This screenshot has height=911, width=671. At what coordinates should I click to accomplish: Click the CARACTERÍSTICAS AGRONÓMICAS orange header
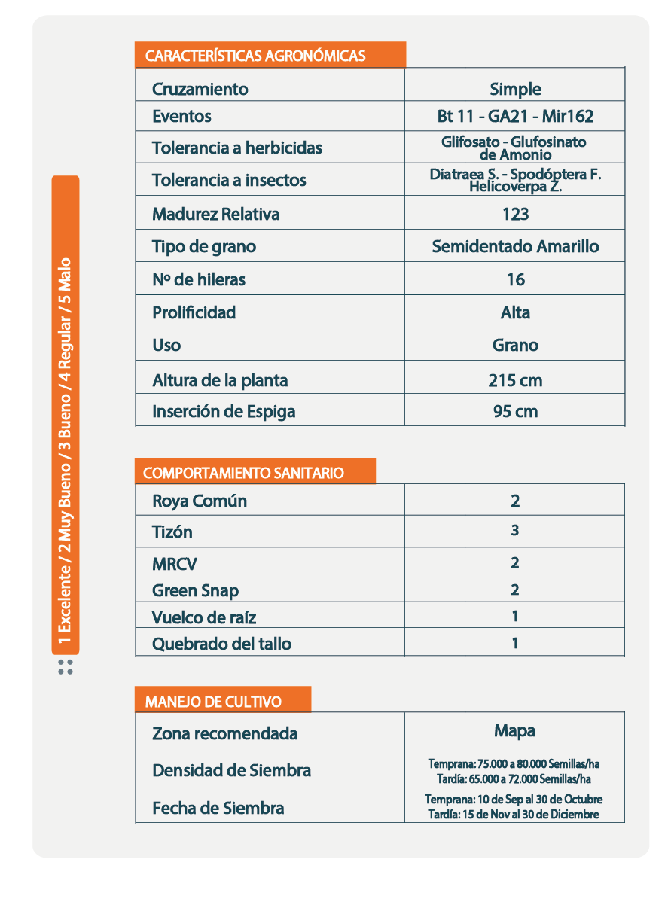tap(256, 56)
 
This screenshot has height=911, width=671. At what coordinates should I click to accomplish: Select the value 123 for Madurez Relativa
tap(515, 214)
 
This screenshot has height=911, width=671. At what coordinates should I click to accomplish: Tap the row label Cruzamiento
tap(200, 89)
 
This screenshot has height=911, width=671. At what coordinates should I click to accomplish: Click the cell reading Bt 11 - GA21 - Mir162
tap(515, 117)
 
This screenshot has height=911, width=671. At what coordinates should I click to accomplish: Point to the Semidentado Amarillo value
tap(515, 246)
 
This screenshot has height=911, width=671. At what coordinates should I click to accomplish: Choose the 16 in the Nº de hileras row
tap(515, 279)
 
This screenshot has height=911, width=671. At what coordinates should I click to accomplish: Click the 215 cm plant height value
tap(515, 380)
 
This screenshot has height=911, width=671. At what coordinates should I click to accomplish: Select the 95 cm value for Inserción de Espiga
tap(515, 411)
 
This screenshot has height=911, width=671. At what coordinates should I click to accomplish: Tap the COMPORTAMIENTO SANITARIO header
tap(243, 473)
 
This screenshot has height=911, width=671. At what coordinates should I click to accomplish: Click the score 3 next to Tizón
tap(515, 530)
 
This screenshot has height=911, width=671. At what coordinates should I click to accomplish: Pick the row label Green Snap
tap(195, 590)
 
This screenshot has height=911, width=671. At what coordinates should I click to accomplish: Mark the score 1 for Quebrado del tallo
tap(515, 643)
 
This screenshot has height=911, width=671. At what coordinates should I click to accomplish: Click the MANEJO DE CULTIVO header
tap(213, 702)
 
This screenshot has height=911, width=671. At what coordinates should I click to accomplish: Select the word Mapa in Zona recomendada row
tap(515, 730)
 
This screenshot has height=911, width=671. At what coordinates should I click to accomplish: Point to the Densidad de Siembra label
tap(231, 770)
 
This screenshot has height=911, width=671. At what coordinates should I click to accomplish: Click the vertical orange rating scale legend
tap(66, 414)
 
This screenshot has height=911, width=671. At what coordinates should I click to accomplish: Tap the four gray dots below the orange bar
tap(66, 666)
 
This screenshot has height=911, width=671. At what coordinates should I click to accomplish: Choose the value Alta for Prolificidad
tap(515, 312)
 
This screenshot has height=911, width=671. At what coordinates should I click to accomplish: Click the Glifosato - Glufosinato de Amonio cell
tap(515, 148)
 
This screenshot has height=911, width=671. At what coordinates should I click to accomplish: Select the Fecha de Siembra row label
tap(218, 808)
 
